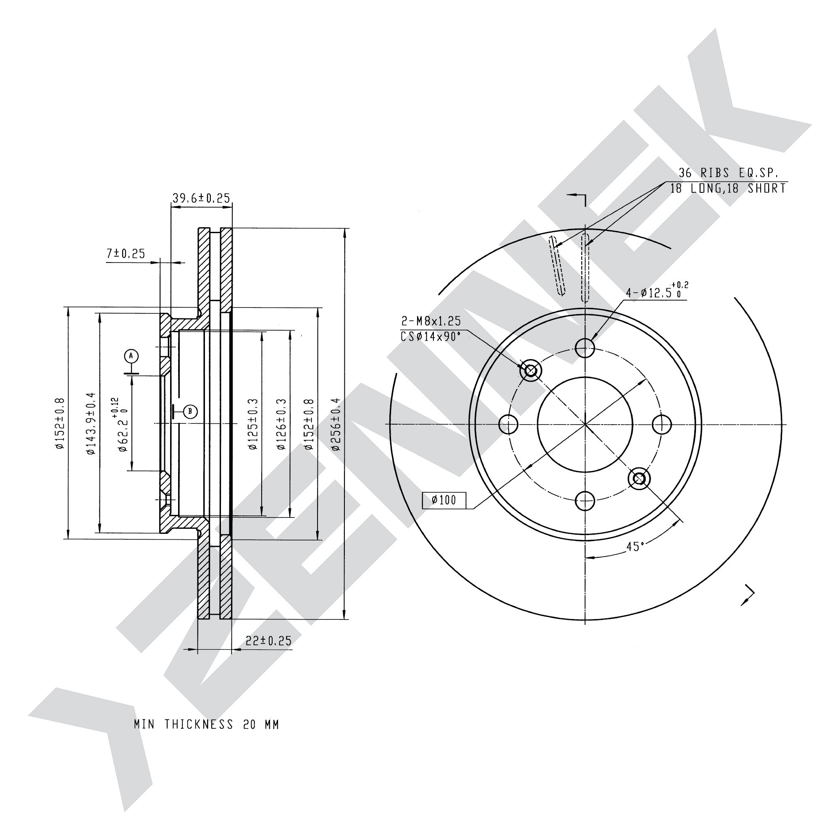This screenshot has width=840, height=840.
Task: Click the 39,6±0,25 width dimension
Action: (x=201, y=198)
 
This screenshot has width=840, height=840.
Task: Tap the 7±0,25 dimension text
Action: (x=126, y=254)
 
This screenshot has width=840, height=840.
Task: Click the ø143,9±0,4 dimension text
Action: (x=90, y=424)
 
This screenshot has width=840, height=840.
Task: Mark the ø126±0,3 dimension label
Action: (x=281, y=424)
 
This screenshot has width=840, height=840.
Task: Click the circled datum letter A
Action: (x=131, y=356)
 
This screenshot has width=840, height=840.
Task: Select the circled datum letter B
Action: (x=190, y=411)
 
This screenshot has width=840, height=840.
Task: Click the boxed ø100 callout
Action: (x=444, y=500)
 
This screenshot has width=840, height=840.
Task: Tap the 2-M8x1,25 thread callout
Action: (x=431, y=321)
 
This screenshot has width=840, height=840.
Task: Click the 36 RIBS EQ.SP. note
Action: (x=728, y=173)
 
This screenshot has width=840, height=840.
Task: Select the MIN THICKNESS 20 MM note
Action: (x=207, y=725)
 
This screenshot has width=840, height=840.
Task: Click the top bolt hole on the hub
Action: (x=585, y=347)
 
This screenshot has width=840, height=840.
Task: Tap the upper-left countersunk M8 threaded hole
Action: (x=530, y=370)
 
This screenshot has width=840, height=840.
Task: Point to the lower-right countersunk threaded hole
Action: (x=639, y=479)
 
